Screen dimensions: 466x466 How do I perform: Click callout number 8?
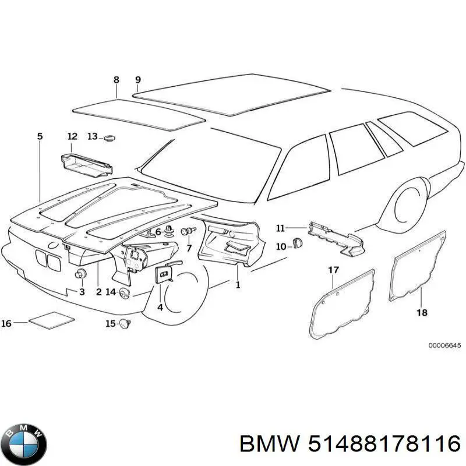116,80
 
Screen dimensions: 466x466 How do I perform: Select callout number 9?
137,80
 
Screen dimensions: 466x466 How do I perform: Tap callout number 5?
40,136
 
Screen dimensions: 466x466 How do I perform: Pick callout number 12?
72,136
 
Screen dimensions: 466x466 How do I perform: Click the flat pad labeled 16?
51,320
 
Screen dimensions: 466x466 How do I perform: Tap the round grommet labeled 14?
124,294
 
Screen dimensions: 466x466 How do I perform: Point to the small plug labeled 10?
298,244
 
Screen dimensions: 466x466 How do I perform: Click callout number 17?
333,270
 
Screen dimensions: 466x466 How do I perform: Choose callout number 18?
422,313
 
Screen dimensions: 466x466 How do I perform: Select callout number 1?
237,285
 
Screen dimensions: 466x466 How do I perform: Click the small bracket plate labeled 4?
164,274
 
